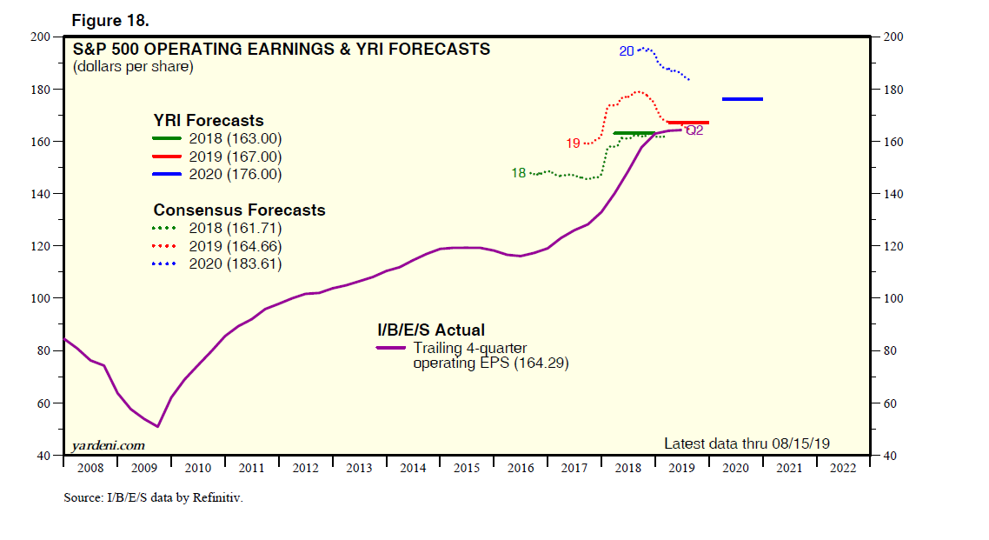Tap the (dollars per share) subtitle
pos(133,66)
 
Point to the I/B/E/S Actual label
pos(430,330)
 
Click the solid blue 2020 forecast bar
pos(742,99)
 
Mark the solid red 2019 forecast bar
pos(687,123)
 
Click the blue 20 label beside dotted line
pos(627,51)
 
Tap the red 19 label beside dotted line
pos(573,143)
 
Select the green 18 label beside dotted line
pos(518,173)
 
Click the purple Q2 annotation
pos(694,130)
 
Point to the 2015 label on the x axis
pos(467,468)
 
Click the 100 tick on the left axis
pos(42,298)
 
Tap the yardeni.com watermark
pos(108,445)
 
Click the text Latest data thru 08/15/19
pos(747,443)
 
